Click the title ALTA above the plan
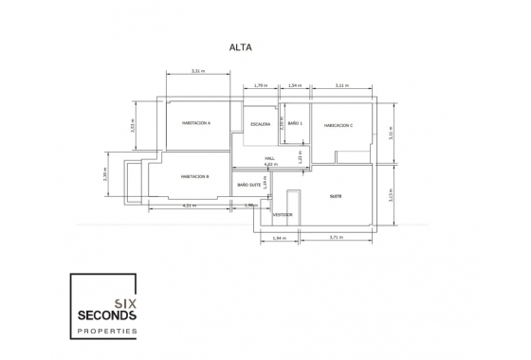(239, 45)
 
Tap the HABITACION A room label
(196, 124)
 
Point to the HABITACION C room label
(339, 125)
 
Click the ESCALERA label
(261, 124)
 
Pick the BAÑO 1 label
(295, 124)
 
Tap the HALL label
(270, 158)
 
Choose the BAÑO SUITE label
(249, 185)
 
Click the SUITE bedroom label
(335, 196)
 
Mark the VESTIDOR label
(283, 215)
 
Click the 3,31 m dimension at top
(197, 71)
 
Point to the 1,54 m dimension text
(294, 85)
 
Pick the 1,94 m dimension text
(278, 238)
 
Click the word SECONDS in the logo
(105, 314)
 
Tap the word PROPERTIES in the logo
(105, 331)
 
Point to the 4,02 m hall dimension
(270, 165)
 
